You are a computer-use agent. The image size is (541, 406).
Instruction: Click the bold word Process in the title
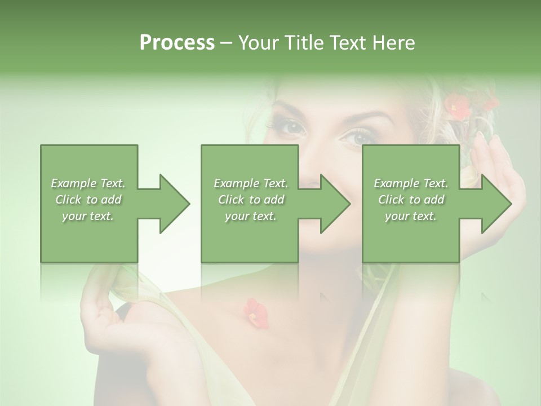coord(177,43)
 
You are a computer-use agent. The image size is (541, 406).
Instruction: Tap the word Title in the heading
coord(303,43)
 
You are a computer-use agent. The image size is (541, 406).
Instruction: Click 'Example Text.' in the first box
coord(88,183)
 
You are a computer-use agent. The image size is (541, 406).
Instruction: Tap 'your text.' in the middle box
coord(251,216)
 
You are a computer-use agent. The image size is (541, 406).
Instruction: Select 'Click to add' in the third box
coord(411,200)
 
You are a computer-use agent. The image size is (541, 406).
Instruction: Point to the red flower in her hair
coord(458,107)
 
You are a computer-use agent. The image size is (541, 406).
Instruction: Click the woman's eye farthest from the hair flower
coord(292,127)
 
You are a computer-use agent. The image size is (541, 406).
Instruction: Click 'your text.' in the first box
coord(88,216)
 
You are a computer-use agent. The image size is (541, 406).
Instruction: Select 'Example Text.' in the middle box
coord(251,183)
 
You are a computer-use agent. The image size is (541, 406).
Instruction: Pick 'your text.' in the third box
coord(411,216)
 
